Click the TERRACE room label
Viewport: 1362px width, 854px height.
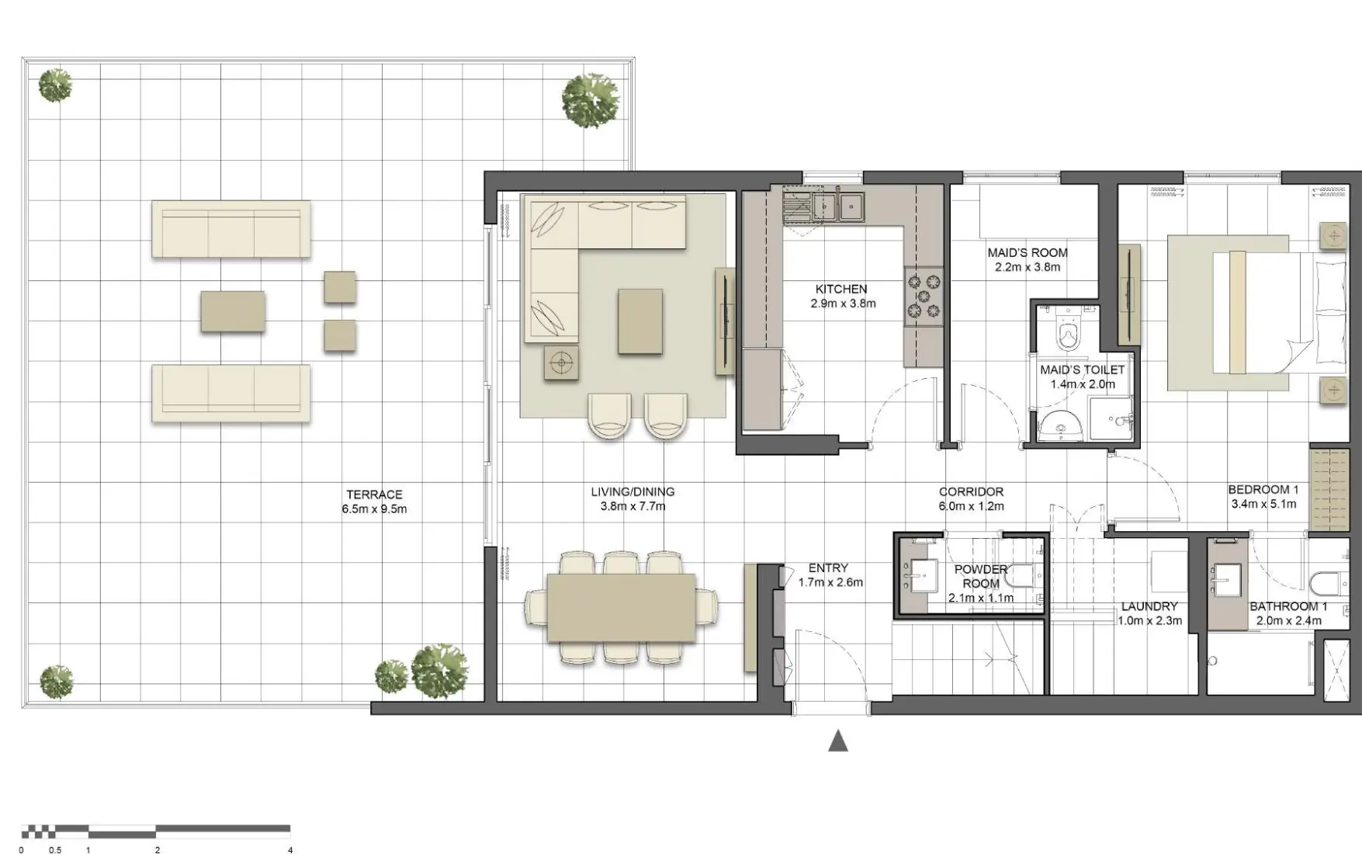374,495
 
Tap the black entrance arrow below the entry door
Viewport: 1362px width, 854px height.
837,741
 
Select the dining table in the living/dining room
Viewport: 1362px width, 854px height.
621,608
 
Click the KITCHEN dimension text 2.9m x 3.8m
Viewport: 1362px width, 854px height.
843,304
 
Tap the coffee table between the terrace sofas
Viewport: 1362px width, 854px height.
233,311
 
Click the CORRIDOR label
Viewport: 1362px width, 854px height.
971,491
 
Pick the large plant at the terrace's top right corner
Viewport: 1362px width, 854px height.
591,99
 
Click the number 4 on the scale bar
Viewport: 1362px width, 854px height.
290,849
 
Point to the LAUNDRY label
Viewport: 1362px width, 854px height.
1149,606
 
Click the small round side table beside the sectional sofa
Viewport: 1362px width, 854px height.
561,362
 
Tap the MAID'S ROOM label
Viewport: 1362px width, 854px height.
1027,252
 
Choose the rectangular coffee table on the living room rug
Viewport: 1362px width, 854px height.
640,321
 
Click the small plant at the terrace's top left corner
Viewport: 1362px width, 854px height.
55,85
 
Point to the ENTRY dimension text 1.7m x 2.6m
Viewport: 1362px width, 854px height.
830,582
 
